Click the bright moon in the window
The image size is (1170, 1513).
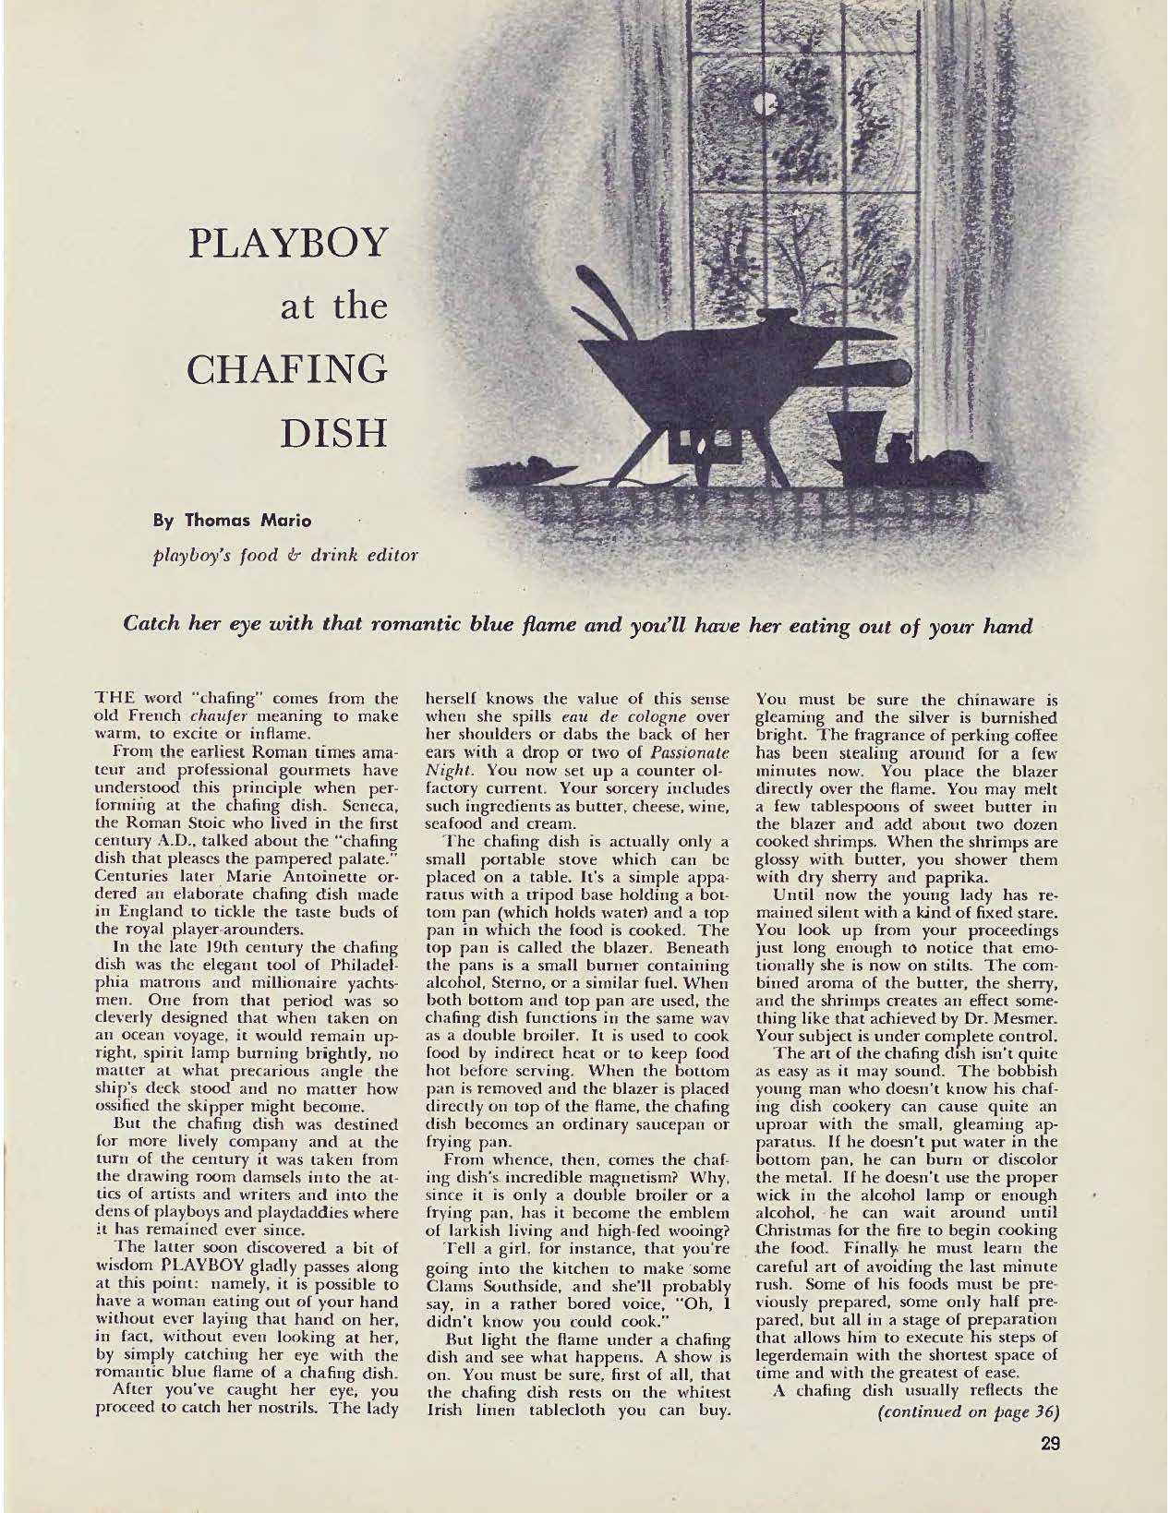point(764,107)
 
